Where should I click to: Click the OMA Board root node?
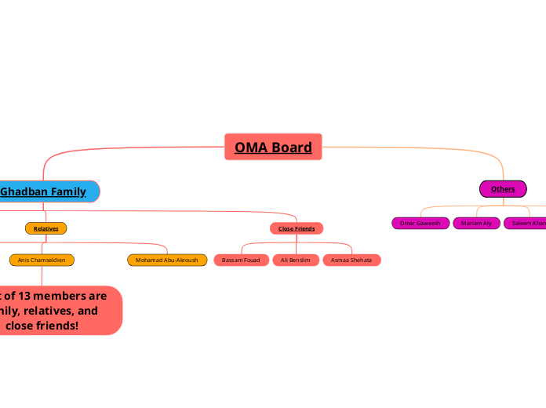(x=273, y=147)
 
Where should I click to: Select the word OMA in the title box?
(x=252, y=147)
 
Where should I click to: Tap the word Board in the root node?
(x=291, y=147)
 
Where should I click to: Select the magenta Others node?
(x=503, y=189)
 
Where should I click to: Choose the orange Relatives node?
(x=46, y=228)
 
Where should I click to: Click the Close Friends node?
(x=297, y=228)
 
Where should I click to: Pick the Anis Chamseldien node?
(x=42, y=260)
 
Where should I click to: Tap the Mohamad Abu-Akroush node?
(x=167, y=260)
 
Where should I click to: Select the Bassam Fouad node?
(x=241, y=260)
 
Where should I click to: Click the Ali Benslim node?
(x=296, y=260)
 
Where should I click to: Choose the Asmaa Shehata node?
(x=351, y=260)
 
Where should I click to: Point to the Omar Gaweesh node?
(x=420, y=224)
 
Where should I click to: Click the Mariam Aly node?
(x=476, y=224)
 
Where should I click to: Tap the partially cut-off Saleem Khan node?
(x=526, y=224)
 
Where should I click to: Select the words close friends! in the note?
(x=47, y=325)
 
